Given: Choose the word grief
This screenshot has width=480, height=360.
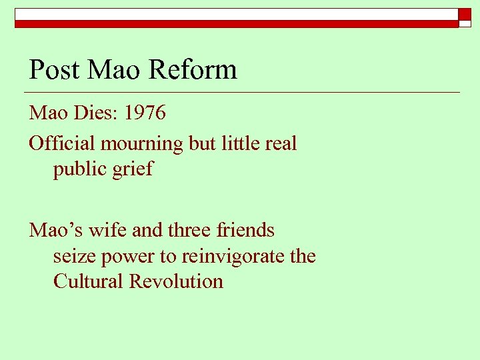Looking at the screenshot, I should [x=135, y=169].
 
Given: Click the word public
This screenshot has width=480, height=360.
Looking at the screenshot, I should [x=81, y=169].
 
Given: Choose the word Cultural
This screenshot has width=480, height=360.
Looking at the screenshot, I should [x=88, y=281].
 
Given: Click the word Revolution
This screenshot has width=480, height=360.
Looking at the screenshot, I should [x=176, y=281].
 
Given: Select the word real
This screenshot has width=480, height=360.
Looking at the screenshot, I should [x=281, y=143].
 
